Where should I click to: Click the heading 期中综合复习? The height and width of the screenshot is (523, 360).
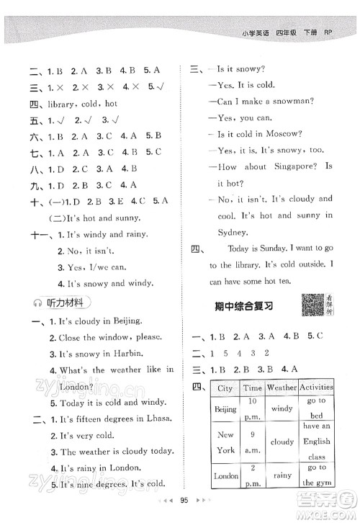tap(245, 305)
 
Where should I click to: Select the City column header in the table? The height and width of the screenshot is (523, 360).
tap(225, 388)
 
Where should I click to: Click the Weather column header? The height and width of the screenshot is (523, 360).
tap(282, 388)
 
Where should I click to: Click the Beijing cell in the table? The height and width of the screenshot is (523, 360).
tap(225, 408)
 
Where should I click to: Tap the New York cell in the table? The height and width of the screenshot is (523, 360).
tap(225, 442)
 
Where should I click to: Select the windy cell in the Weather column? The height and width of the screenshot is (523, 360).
tap(282, 408)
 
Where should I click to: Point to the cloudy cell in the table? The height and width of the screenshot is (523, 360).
tap(282, 442)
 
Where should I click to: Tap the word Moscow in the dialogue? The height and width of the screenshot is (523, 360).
tap(294, 135)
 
